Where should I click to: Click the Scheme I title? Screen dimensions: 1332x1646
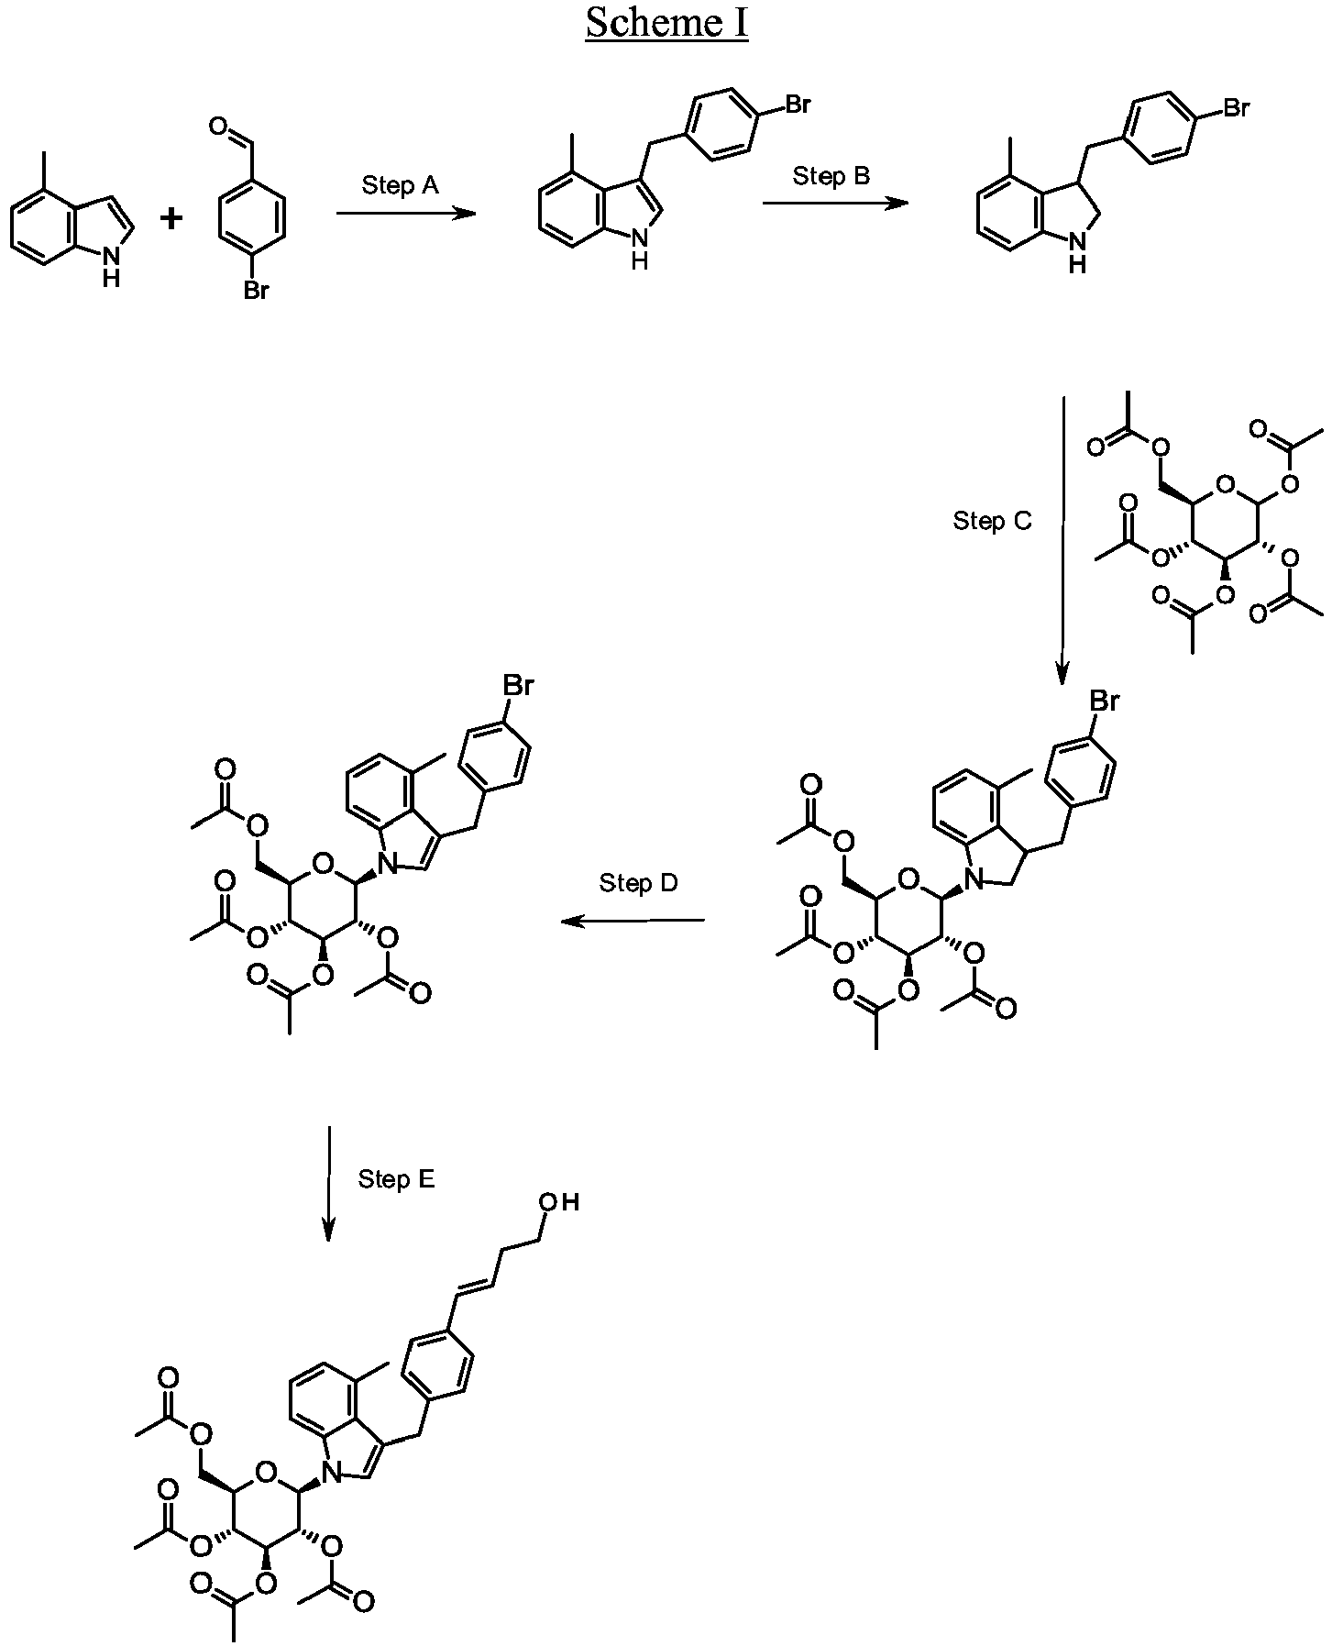[x=666, y=23]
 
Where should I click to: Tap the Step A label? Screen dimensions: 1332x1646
[x=400, y=186]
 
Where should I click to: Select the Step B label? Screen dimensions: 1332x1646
[x=831, y=176]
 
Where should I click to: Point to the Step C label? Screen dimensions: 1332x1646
[x=992, y=522]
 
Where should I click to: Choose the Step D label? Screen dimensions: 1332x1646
[x=638, y=883]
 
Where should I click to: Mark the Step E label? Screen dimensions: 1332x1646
[x=396, y=1179]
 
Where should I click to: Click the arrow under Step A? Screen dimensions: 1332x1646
[x=406, y=214]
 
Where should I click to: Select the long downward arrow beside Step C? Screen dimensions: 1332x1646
[x=1062, y=541]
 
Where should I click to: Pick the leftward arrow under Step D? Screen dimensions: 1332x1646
[x=633, y=921]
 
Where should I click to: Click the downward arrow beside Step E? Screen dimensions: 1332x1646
[x=328, y=1184]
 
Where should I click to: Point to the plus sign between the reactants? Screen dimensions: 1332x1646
[x=172, y=218]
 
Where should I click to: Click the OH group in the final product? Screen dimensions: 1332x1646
[x=559, y=1202]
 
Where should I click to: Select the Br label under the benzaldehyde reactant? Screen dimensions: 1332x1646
[x=256, y=292]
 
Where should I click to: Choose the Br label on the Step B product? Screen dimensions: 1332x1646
[x=1236, y=109]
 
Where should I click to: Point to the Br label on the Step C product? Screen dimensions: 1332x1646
[x=1104, y=702]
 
